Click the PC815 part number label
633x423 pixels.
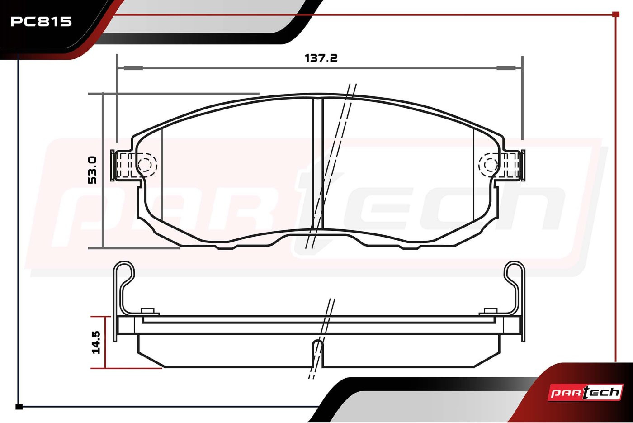(41, 22)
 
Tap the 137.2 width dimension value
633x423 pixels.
(321, 58)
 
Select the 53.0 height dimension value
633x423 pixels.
(92, 170)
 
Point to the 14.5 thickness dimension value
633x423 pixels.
(96, 342)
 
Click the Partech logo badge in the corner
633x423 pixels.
(585, 393)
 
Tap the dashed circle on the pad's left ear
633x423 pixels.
(147, 165)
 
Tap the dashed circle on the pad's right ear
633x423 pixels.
(489, 165)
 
